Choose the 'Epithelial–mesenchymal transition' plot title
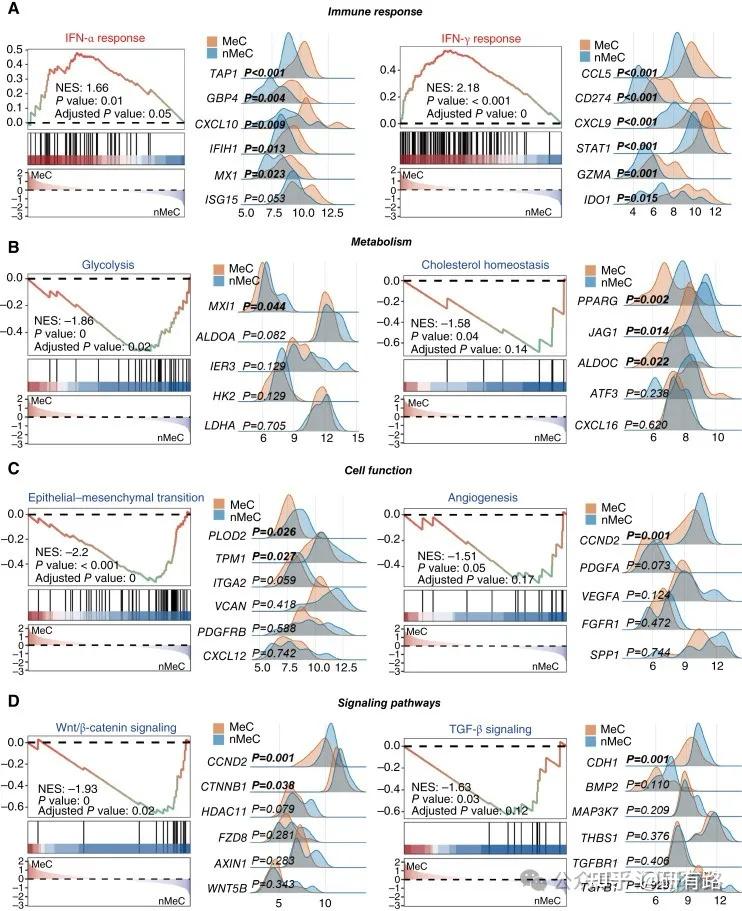click(116, 497)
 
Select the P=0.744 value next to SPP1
click(646, 652)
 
